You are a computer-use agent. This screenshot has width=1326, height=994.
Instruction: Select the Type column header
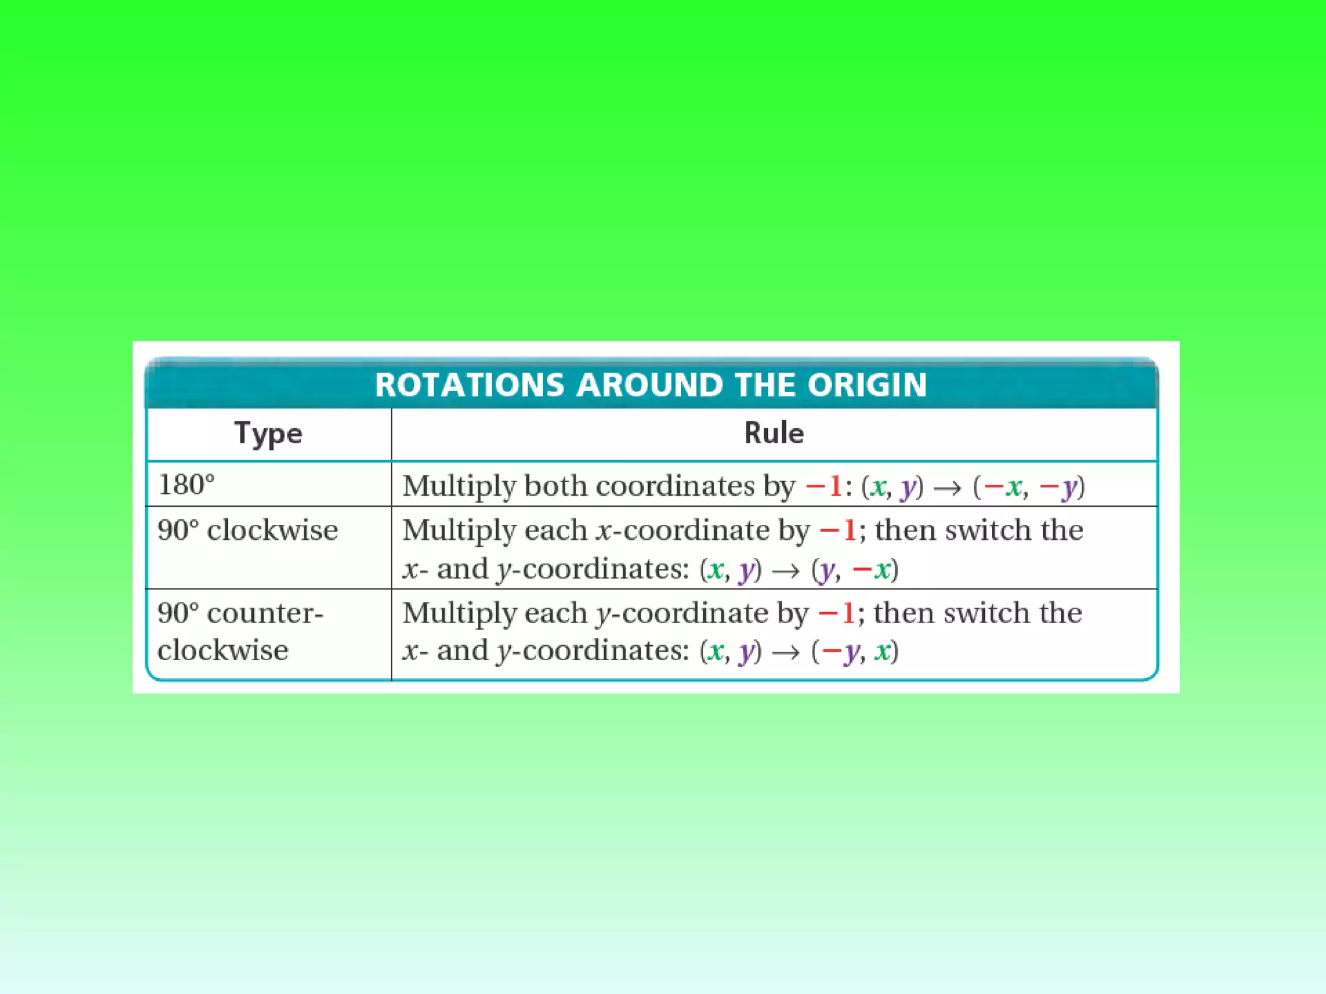tap(268, 433)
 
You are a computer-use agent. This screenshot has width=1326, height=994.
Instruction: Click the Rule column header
tap(774, 433)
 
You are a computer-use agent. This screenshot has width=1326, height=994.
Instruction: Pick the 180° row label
tap(186, 485)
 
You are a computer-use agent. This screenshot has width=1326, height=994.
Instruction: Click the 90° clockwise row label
tap(247, 530)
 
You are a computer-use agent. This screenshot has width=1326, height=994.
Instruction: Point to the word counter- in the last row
tap(265, 613)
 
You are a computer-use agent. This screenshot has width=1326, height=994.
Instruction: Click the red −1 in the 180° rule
tap(823, 485)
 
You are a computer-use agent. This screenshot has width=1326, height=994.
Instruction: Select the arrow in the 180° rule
tap(948, 488)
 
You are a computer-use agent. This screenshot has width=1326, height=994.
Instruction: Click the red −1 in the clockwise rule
tap(838, 530)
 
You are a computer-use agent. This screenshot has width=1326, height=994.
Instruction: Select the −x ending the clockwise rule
tap(871, 569)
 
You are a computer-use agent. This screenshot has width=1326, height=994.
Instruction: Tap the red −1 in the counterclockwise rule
tap(837, 613)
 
